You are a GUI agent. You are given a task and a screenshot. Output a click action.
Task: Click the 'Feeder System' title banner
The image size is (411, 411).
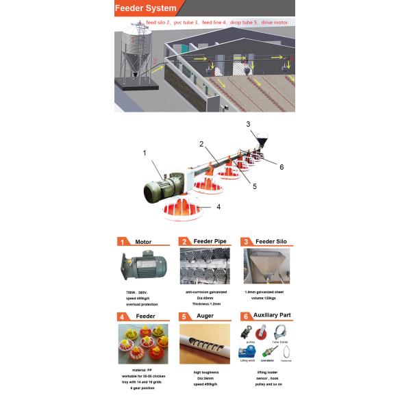pos(145,8)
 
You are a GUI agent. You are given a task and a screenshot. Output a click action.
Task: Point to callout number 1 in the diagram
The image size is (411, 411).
pos(144,153)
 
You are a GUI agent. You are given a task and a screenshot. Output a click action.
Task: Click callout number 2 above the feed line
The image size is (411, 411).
pos(202,144)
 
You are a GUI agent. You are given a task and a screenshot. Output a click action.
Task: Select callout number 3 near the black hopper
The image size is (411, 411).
pos(249,124)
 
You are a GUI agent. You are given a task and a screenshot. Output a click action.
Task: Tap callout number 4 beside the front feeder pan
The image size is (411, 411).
pos(219,206)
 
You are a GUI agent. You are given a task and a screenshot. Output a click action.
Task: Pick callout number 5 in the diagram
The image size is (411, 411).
pos(253,186)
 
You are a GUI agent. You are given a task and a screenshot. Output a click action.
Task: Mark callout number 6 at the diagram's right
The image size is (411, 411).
pos(281,166)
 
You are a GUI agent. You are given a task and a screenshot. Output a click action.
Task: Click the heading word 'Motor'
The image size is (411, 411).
pos(143,242)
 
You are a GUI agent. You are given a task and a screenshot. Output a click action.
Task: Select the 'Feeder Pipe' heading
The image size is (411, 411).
pos(209,242)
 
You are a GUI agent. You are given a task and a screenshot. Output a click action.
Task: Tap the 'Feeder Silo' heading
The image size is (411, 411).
pos(273,242)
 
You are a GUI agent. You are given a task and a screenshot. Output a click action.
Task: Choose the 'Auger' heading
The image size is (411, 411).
pos(205,316)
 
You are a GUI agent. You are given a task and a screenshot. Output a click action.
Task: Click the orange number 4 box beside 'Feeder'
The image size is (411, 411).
pos(121,316)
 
